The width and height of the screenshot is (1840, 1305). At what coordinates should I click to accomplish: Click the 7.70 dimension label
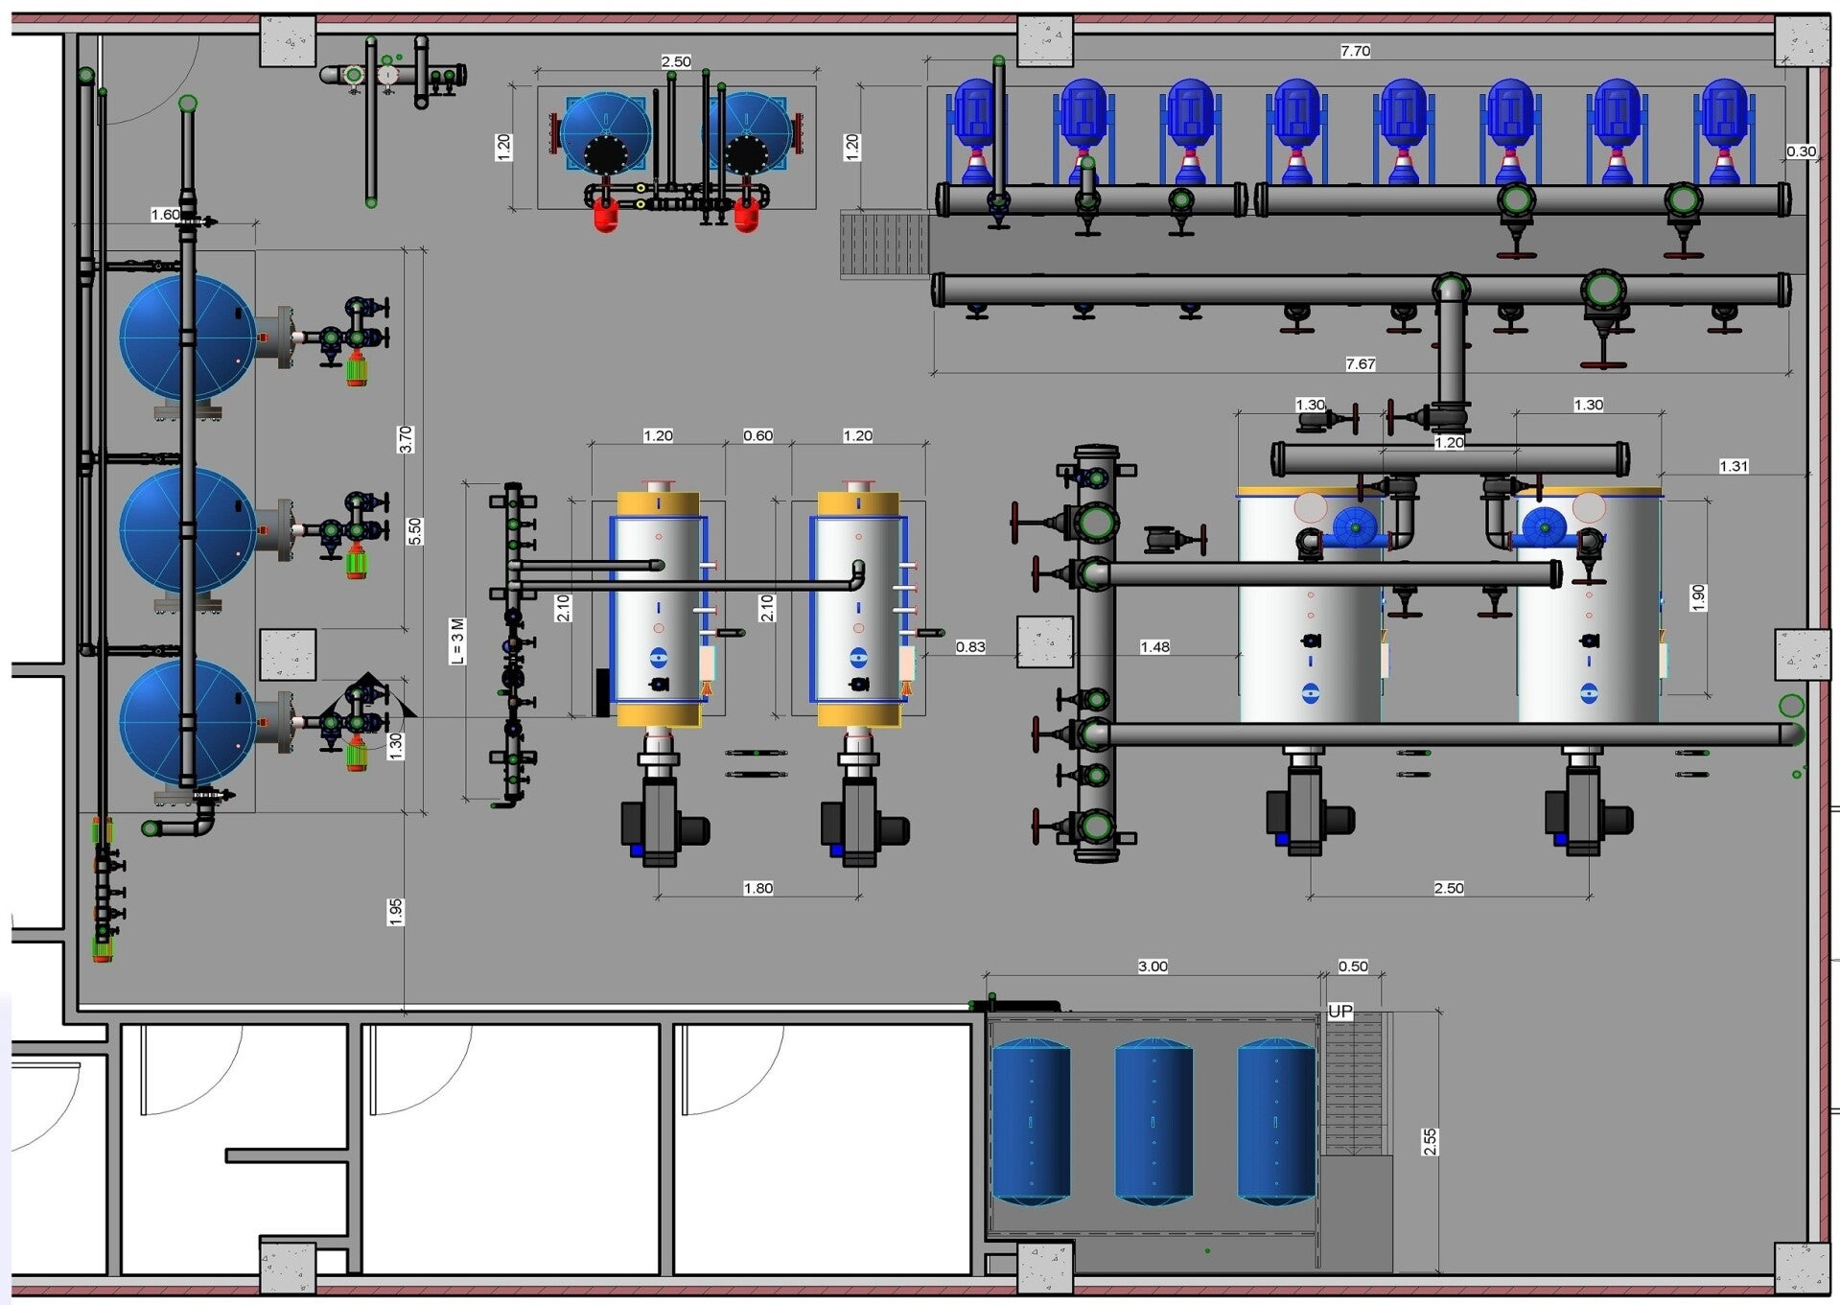(x=1355, y=51)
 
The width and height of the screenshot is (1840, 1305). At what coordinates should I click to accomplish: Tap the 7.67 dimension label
(x=1360, y=364)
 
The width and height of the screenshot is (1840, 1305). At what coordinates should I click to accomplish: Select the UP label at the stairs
(x=1340, y=1011)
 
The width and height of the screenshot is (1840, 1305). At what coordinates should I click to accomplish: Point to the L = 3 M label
(x=457, y=641)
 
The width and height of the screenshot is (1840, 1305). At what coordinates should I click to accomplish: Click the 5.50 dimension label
(x=414, y=531)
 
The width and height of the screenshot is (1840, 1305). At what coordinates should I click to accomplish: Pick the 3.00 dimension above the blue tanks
(x=1153, y=967)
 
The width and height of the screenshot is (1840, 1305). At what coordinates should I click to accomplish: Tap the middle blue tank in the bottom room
(x=1153, y=1120)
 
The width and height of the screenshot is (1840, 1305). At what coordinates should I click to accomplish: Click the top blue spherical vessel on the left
(x=187, y=338)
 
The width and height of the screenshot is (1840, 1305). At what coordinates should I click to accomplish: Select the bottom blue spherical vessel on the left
(x=187, y=722)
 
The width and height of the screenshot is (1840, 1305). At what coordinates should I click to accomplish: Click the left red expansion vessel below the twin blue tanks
(x=605, y=215)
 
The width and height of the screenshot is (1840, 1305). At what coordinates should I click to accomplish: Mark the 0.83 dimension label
(x=970, y=647)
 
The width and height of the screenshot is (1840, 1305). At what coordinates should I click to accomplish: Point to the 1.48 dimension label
(x=1154, y=647)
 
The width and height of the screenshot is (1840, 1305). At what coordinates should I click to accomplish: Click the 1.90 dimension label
(x=1698, y=597)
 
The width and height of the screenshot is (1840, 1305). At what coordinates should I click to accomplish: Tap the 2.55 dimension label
(x=1430, y=1141)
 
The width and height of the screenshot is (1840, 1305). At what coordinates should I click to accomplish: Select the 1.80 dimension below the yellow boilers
(x=757, y=889)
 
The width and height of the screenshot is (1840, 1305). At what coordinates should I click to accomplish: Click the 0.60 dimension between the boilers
(x=757, y=436)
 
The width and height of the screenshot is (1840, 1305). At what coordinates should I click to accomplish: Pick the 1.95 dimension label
(x=396, y=912)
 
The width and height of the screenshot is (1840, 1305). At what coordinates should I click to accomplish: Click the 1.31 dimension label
(x=1734, y=467)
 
